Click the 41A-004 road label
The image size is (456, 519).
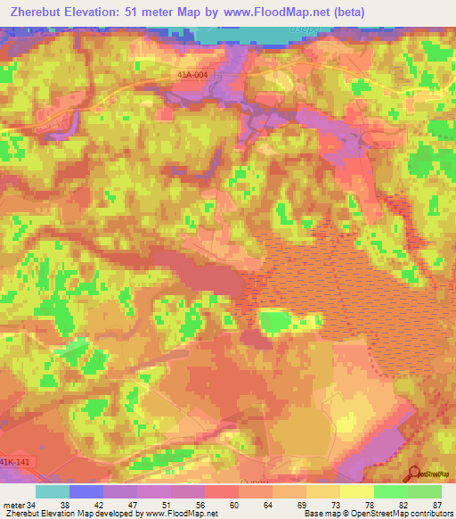tap(193, 75)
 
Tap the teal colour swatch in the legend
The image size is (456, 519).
tap(53, 491)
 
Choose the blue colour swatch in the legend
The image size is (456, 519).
tap(86, 491)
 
